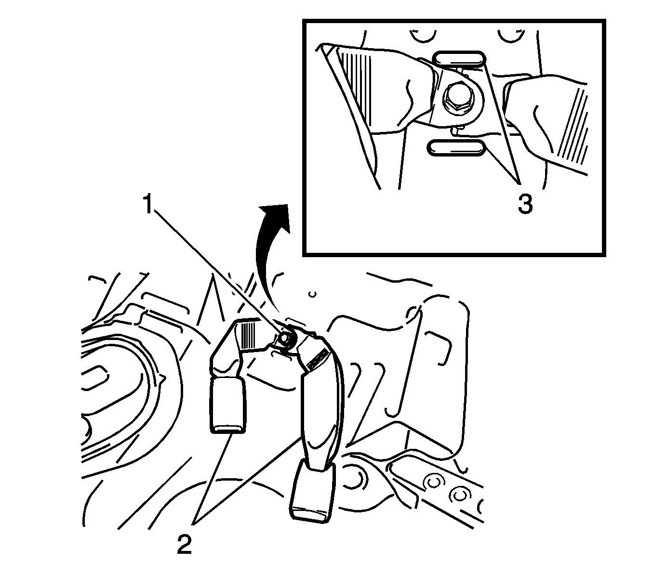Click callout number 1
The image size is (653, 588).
pos(148,204)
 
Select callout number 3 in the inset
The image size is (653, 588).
pos(525,204)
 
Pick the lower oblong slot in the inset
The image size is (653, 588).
pos(456,148)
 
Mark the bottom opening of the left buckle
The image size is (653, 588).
pos(228,430)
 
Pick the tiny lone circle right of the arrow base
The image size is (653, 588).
pos(313,294)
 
